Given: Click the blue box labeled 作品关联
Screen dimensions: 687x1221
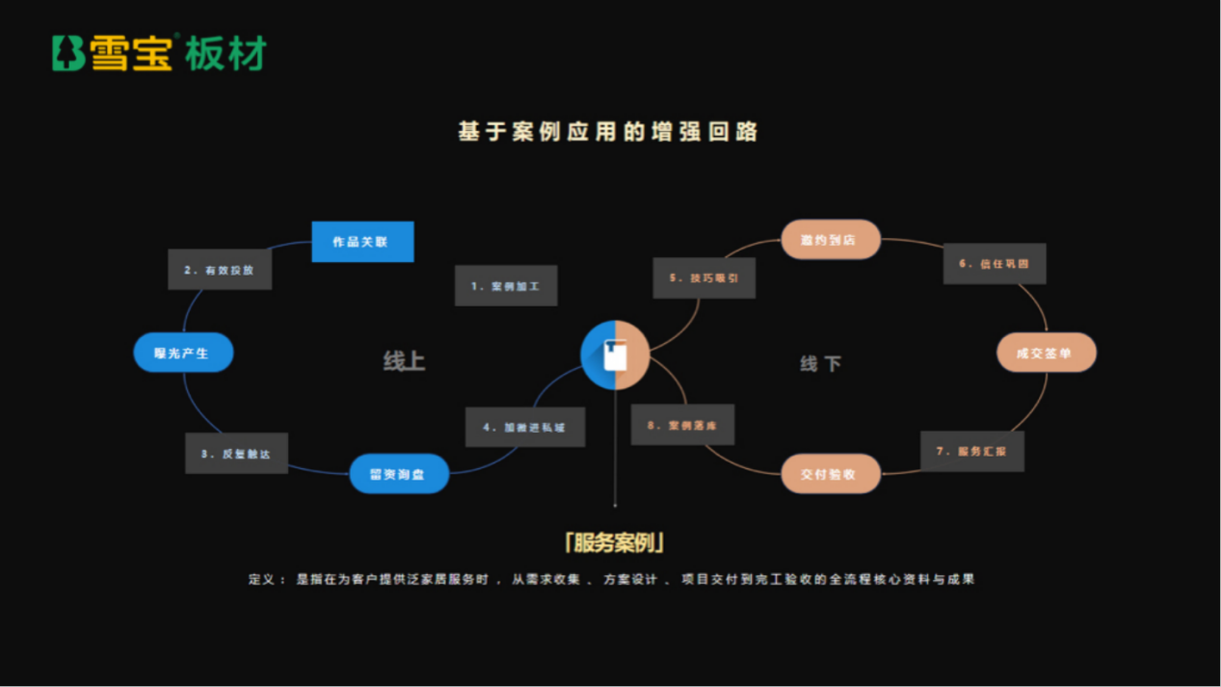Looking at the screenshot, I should pyautogui.click(x=362, y=242).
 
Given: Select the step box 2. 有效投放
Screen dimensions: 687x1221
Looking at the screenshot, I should pyautogui.click(x=220, y=271).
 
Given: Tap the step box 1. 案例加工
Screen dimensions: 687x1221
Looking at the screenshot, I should pyautogui.click(x=506, y=286).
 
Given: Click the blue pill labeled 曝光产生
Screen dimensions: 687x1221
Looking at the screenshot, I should pyautogui.click(x=183, y=354).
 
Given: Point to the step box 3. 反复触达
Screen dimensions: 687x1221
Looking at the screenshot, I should pyautogui.click(x=236, y=453).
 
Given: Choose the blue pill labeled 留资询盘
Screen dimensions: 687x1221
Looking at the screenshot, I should pyautogui.click(x=399, y=474).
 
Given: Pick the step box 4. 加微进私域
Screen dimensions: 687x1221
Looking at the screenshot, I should pyautogui.click(x=525, y=427).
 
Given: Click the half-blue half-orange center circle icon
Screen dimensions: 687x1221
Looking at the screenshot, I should pyautogui.click(x=615, y=355).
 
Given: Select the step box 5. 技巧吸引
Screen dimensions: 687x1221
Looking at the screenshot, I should pyautogui.click(x=703, y=277).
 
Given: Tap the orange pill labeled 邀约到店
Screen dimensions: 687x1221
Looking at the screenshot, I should pyautogui.click(x=830, y=239).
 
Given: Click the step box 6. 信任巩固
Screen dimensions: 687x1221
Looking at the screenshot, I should pyautogui.click(x=995, y=263).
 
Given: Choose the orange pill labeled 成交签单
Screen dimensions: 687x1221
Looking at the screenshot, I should pyautogui.click(x=1046, y=354).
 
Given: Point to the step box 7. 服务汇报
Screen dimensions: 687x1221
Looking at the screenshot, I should pyautogui.click(x=972, y=451).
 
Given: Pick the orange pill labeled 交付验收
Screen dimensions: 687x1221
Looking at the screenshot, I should pyautogui.click(x=830, y=474).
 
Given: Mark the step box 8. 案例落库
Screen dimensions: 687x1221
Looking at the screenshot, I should pyautogui.click(x=682, y=425).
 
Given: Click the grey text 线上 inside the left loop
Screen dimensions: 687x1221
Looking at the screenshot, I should pyautogui.click(x=404, y=361).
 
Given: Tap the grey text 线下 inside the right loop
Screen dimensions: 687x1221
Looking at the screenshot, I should pyautogui.click(x=820, y=363).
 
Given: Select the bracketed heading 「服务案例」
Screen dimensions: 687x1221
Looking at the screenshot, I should pyautogui.click(x=615, y=542).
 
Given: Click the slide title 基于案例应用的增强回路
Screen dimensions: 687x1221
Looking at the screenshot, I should pyautogui.click(x=607, y=132).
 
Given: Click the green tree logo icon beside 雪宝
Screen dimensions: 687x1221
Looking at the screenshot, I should pyautogui.click(x=68, y=53).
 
